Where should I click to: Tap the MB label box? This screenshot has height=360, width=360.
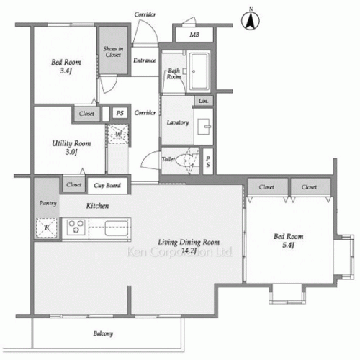point(194,35)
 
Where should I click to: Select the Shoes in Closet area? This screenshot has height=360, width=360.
point(113,50)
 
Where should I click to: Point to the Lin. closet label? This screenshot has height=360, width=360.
point(204,102)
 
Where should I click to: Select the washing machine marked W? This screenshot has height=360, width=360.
point(117,134)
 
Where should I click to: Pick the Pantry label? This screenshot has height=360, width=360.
point(47,204)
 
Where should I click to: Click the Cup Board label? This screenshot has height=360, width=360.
point(107,186)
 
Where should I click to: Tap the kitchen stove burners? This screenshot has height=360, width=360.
point(76,229)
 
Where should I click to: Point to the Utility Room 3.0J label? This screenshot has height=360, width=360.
point(70,148)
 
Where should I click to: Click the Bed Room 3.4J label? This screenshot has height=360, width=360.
point(65,67)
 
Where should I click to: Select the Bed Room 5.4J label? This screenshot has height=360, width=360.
point(289,240)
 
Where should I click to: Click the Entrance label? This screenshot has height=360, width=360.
point(145,60)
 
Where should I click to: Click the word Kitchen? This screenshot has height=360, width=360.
point(97,206)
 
